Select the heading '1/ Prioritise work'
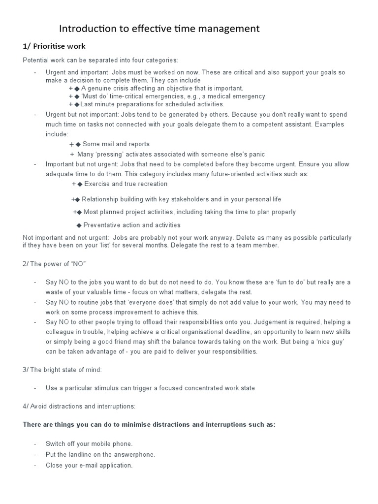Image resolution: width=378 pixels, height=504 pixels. coord(54,46)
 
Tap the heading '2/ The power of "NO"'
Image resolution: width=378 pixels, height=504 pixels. coord(54,264)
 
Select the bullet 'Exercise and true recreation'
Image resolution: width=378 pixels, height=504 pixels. coord(126,184)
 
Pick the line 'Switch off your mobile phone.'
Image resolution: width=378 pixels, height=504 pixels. coord(89,443)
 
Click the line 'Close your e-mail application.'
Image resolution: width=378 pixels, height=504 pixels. coord(89,465)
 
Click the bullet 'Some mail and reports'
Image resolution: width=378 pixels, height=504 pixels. coord(116,144)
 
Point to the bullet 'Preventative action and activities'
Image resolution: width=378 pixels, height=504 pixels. coord(132,225)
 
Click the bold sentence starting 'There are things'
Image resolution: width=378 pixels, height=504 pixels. coord(149,425)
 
